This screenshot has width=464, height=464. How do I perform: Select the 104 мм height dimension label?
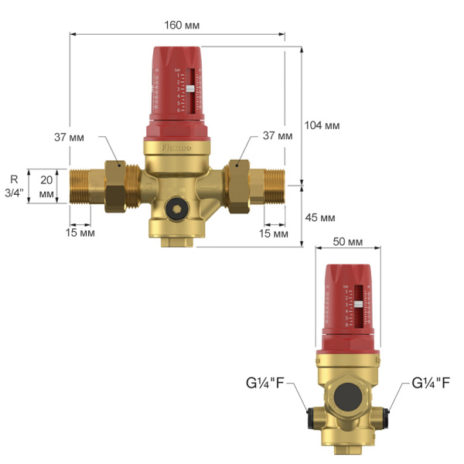coord(322,125)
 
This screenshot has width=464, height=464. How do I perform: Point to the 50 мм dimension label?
coord(347,242)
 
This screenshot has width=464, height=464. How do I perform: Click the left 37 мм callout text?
coord(70,137)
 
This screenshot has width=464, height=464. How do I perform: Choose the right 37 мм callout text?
coord(278,135)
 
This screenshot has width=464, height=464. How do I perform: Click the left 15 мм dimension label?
coord(80,233)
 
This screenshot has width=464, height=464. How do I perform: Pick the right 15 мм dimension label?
coord(273,233)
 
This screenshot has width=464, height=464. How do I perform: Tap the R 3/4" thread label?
coord(13,186)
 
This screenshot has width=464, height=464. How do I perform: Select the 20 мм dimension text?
coord(46,186)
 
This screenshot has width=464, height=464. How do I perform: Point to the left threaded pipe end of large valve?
coord(84,185)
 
